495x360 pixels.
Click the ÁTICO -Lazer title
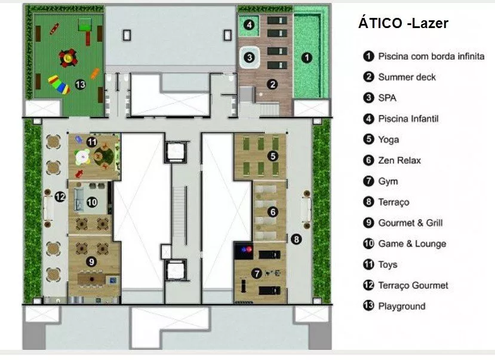tap(403, 23)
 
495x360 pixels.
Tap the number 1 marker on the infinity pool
tap(306, 58)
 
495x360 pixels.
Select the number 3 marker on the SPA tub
tap(250, 57)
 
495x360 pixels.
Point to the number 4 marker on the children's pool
tap(249, 24)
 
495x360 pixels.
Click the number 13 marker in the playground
tap(80, 84)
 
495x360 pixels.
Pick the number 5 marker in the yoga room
tap(273, 156)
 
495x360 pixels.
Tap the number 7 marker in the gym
tap(257, 273)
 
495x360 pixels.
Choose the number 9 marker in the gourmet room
tap(91, 261)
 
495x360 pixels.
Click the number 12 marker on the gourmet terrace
tap(60, 197)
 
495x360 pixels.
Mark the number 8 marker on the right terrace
tap(296, 239)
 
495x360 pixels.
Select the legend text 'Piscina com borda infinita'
tap(431, 56)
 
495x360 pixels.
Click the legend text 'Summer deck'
tap(407, 77)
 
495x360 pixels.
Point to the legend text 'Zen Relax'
tap(399, 160)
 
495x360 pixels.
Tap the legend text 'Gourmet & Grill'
tap(410, 223)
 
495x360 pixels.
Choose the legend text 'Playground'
tap(402, 306)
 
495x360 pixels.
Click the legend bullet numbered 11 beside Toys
tap(368, 264)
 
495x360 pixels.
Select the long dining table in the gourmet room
tap(92, 279)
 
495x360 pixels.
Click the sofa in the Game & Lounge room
tap(79, 200)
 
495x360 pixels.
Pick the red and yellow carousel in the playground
tap(67, 58)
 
